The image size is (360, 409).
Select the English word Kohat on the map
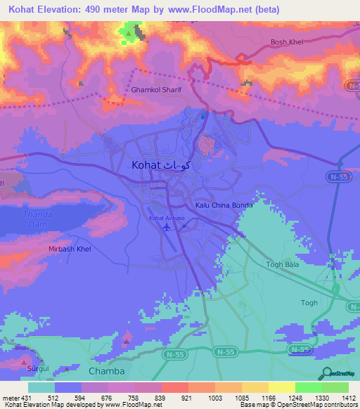pos(146,165)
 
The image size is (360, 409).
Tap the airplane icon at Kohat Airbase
pos(166,226)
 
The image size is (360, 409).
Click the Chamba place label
pos(107,371)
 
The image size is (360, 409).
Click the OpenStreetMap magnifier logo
pos(325,374)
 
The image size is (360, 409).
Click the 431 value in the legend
pos(24,397)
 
